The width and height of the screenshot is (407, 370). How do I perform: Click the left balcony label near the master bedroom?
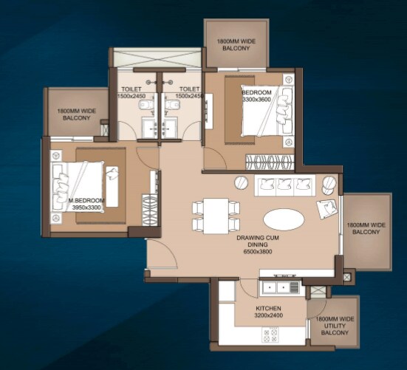74,114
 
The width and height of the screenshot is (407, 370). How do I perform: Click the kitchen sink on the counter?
270,287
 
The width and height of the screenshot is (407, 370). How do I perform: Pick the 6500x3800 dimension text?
257,253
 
